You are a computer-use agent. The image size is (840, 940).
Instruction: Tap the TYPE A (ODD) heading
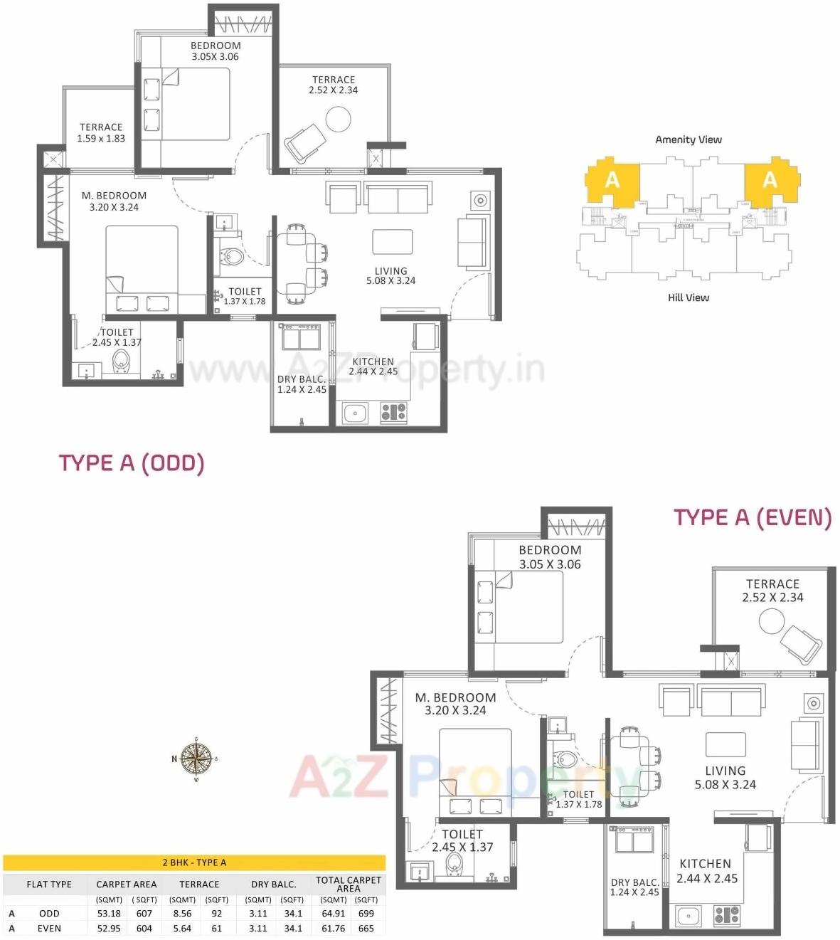[132, 463]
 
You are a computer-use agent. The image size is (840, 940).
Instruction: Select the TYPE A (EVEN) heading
[753, 517]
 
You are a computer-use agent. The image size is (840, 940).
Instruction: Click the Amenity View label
[688, 139]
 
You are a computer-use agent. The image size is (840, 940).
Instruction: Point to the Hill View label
[688, 297]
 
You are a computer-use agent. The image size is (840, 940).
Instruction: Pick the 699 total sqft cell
[366, 913]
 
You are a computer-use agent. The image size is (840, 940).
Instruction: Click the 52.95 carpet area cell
[109, 928]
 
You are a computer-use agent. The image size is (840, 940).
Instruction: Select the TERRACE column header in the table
[199, 884]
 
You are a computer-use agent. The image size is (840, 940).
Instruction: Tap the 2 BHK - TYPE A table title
[194, 862]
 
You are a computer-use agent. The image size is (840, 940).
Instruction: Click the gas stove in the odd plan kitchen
[393, 412]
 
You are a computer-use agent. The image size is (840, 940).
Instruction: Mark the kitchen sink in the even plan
[689, 915]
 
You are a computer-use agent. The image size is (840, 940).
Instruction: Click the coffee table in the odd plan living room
[392, 242]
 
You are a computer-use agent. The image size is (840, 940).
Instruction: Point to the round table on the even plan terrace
[771, 621]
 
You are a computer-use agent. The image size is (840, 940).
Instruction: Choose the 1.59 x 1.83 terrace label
[101, 133]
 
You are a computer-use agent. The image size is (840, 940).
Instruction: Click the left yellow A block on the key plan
[612, 181]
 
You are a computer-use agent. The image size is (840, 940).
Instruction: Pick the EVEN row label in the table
[49, 928]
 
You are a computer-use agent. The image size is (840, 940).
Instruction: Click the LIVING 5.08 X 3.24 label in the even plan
[725, 778]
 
